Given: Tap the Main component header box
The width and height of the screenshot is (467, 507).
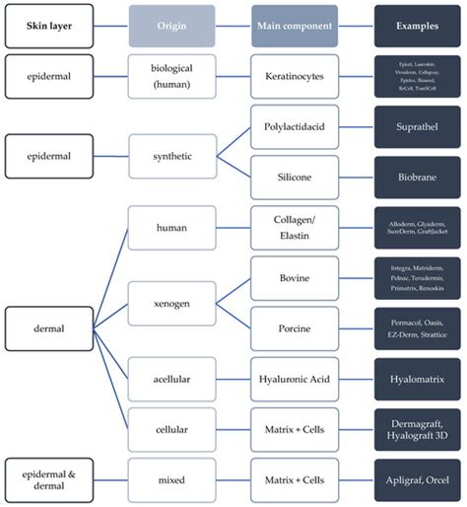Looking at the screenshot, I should pos(295,25).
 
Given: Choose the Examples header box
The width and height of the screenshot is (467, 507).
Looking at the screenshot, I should pos(417,25).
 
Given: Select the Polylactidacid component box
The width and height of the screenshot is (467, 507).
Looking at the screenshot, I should pos(295,128).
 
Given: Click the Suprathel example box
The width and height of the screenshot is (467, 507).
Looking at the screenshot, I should pos(417,128).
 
